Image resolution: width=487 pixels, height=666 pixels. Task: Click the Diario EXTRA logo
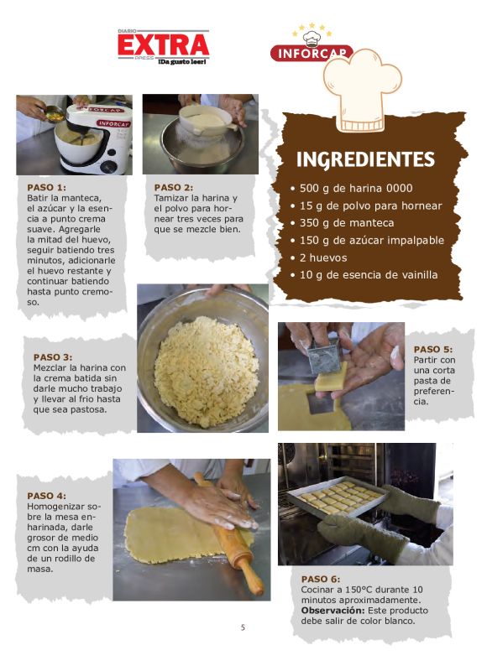point(164,47)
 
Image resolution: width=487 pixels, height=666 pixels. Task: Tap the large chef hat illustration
point(362,90)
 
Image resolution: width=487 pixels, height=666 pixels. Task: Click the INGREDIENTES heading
point(365,159)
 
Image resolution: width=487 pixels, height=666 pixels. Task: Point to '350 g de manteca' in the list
point(342,223)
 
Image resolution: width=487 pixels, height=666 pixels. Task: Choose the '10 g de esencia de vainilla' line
point(364,275)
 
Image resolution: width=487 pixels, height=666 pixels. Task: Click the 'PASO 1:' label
point(46,187)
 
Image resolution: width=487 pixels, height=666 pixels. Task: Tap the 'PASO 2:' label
point(174,187)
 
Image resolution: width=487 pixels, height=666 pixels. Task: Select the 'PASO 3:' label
point(53,357)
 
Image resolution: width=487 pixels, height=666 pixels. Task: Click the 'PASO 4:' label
point(46,496)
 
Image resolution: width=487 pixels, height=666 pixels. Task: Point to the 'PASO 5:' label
point(433,349)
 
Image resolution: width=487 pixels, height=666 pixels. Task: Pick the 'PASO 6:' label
point(321,579)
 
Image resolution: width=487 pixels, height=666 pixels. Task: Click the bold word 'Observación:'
point(333,611)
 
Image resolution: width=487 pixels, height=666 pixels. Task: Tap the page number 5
point(243,627)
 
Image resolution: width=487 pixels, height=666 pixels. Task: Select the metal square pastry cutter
point(324,356)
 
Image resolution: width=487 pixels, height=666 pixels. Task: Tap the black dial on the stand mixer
point(109,166)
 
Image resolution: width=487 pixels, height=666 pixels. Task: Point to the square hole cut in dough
point(321,403)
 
